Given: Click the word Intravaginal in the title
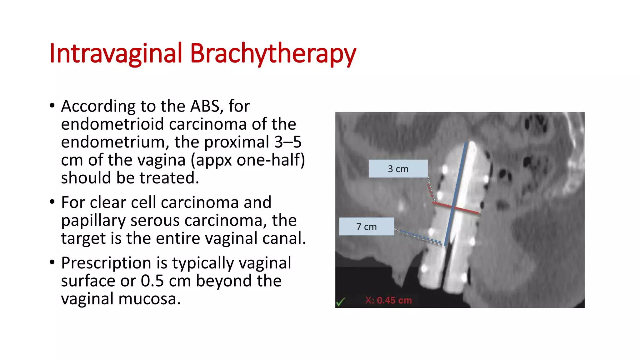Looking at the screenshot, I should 115,53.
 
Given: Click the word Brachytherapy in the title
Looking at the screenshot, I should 273,53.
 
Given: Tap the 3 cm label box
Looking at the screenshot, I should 398,169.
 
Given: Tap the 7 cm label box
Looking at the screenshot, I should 366,227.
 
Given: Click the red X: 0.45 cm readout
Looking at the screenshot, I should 388,300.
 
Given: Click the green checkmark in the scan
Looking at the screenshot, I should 341,302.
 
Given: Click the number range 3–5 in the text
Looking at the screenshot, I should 288,142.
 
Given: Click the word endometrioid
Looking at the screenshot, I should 112,124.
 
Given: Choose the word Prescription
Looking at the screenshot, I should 106,263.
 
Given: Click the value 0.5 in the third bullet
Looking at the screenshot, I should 152,281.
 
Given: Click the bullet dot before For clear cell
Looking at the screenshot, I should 52,202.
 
